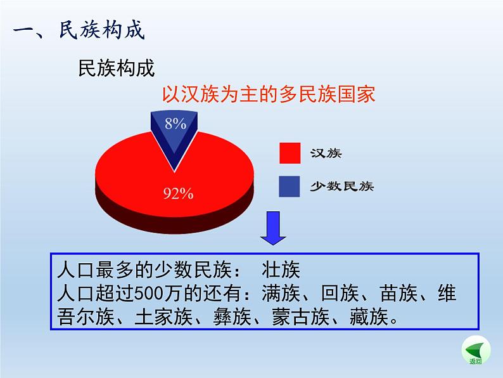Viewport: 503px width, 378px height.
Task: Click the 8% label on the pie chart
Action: [175, 124]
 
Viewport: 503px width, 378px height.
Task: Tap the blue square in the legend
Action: [289, 186]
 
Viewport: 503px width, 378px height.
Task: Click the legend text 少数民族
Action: [341, 186]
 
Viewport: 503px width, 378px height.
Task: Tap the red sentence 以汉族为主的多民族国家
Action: [269, 94]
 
